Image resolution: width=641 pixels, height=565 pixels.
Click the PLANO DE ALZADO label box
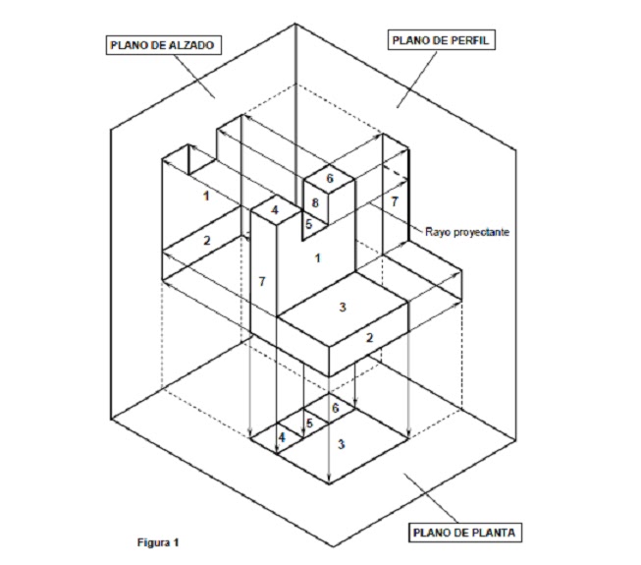[160, 45]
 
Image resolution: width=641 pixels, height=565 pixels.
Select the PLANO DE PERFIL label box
[440, 40]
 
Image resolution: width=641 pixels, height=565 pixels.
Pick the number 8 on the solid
[315, 203]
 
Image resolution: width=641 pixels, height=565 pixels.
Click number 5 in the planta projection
[309, 424]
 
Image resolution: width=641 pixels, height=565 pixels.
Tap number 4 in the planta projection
[283, 437]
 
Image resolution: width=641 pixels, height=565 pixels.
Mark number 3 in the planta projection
[341, 444]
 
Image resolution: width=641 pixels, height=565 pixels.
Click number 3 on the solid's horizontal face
[343, 308]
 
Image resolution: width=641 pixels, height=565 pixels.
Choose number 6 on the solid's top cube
[330, 179]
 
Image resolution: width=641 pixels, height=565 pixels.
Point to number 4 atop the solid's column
[275, 209]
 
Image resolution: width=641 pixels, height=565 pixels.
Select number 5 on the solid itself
[308, 224]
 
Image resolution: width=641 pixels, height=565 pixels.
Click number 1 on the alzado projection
[206, 197]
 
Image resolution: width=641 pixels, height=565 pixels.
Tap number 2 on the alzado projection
[207, 241]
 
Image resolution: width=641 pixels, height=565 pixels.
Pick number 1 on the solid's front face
[316, 258]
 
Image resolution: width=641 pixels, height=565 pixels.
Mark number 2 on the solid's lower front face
[369, 338]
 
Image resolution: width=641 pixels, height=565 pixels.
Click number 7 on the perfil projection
[394, 200]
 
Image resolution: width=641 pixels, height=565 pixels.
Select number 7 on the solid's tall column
[262, 282]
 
